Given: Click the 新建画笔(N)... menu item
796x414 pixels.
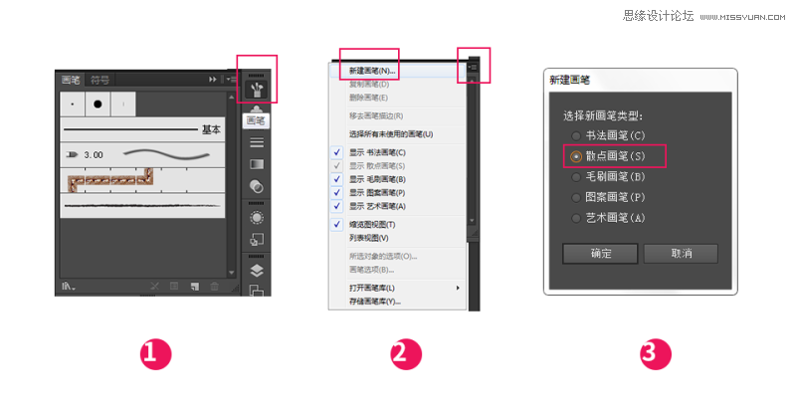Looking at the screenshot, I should click(x=371, y=72).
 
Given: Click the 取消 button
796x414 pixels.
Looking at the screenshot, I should click(x=682, y=253).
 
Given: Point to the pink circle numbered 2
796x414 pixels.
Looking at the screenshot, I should click(x=407, y=353).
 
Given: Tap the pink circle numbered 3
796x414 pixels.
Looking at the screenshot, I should click(x=656, y=353).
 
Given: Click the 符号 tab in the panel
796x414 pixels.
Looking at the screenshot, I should click(x=100, y=79).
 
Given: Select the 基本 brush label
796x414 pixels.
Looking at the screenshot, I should click(x=211, y=129).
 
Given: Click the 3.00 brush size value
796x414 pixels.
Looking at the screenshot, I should click(x=94, y=155).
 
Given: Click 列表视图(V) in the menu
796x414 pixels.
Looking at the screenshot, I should click(x=369, y=239).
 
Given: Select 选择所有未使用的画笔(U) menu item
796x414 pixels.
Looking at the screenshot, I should click(x=391, y=133).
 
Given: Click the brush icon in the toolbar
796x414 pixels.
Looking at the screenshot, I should click(x=256, y=89).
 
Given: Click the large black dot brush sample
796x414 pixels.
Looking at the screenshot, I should click(x=99, y=103).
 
